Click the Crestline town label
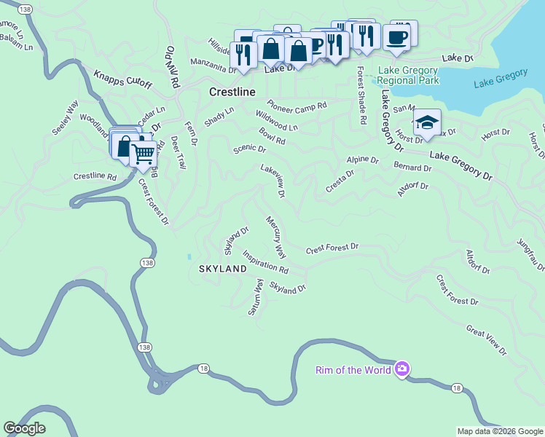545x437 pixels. (232, 92)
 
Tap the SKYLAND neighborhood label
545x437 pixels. (223, 269)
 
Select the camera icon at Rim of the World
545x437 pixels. (401, 369)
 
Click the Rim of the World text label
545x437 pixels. (353, 370)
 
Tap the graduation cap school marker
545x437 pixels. (427, 123)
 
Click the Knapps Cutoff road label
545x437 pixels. (122, 79)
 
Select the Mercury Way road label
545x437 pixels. (276, 237)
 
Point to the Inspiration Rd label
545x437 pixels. (265, 262)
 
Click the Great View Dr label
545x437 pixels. (486, 341)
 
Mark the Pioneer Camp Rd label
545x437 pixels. (297, 105)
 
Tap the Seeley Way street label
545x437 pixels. (64, 117)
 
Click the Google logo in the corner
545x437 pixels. (24, 428)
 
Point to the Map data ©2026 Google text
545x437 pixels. (499, 431)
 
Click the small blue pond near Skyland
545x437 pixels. (189, 256)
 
